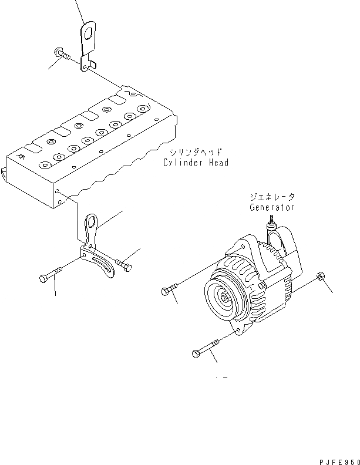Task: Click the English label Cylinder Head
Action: pyautogui.click(x=196, y=163)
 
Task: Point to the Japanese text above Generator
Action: pyautogui.click(x=271, y=198)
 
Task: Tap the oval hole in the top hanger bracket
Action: pyautogui.click(x=88, y=34)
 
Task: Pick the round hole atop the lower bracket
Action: pyautogui.click(x=92, y=221)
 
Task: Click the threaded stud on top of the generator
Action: pyautogui.click(x=272, y=221)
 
